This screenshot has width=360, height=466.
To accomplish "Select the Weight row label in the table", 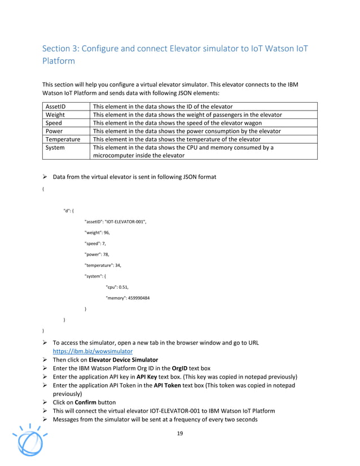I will [x=55, y=115].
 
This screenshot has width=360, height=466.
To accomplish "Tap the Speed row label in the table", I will [x=54, y=122].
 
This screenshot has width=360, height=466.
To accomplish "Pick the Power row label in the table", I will [x=54, y=131].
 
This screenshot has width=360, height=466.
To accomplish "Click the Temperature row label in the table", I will [x=63, y=139].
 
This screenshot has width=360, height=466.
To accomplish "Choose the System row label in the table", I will [x=55, y=147].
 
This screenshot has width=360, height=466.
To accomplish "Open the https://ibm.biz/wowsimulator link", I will [x=93, y=350].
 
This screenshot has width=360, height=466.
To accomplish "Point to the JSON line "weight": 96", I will [x=97, y=232].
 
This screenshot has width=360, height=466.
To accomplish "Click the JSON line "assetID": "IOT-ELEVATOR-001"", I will [x=115, y=222].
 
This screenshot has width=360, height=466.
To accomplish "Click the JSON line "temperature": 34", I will [x=103, y=265].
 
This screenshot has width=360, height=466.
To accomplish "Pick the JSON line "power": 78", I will [x=96, y=254].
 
